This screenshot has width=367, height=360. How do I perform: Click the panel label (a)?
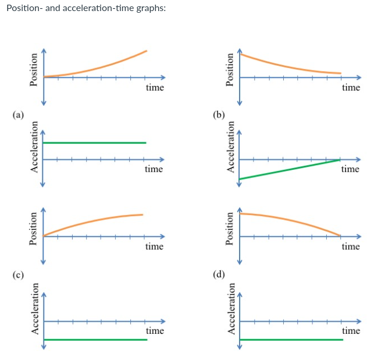point(19,115)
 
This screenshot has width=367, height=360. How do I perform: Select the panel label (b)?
point(219,115)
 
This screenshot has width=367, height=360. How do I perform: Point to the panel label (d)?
point(219,275)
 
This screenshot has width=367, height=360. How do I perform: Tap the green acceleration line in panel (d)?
point(291,339)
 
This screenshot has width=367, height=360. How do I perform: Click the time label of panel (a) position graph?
point(155,88)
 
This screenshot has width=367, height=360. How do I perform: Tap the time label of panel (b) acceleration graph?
point(350,169)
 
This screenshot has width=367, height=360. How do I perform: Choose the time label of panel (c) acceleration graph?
point(155,330)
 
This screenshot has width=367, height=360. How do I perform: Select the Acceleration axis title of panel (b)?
point(230,150)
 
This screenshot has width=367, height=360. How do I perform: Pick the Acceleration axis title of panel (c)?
point(34,312)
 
